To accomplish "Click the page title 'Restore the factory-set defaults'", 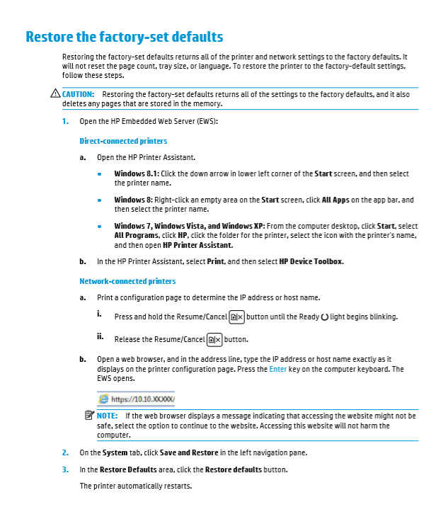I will (124, 37).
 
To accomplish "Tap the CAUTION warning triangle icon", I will (56, 94).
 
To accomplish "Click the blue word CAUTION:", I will (79, 94).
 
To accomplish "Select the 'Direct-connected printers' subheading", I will (123, 141).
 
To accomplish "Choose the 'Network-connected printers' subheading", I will (127, 281).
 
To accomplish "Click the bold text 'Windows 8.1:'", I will (137, 173).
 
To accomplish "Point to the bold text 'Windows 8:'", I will (133, 200).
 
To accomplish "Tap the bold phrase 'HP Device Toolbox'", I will (311, 261).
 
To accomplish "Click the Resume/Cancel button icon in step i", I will (237, 317).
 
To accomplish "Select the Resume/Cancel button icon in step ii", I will (214, 340).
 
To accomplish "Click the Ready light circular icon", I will (324, 317).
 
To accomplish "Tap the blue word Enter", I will (277, 369).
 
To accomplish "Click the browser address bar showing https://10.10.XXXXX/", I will (137, 399).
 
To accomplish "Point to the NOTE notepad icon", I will (88, 416).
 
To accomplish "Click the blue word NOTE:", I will (108, 416).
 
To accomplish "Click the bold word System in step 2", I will (114, 452).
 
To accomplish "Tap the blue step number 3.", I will (64, 469).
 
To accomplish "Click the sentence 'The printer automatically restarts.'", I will (135, 486).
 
